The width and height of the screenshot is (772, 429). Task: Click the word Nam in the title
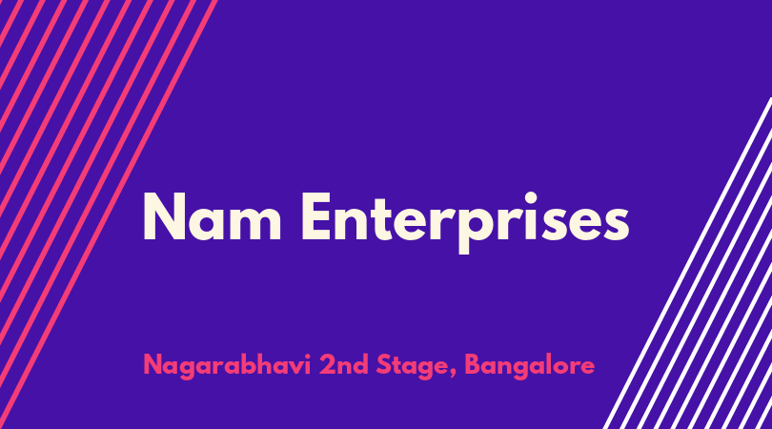[x=213, y=216]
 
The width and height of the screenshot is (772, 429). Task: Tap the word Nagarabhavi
[x=227, y=365]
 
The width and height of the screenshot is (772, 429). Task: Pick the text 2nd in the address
[x=344, y=365]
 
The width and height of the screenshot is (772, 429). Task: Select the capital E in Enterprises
[x=316, y=216]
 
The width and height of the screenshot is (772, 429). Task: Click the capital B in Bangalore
[x=474, y=365]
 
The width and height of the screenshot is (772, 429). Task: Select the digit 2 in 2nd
[x=326, y=365]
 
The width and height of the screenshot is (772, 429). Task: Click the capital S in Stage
[x=384, y=365]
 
